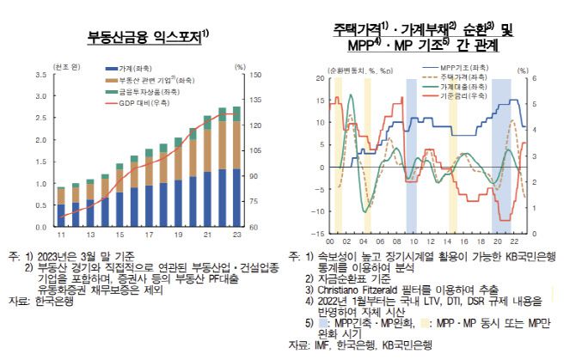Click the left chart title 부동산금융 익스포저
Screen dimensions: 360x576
point(147,37)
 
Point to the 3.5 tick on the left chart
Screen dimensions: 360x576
point(40,75)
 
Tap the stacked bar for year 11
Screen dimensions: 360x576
point(60,207)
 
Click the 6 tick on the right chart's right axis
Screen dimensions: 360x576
point(532,78)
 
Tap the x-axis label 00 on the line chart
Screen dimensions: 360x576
point(333,241)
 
